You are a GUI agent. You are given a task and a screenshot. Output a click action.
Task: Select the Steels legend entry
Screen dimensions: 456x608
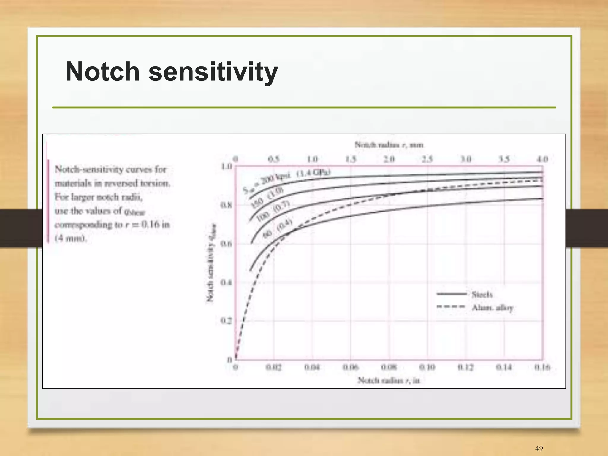click(482, 294)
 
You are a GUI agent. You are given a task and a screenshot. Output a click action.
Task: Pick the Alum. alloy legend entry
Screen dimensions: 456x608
click(492, 308)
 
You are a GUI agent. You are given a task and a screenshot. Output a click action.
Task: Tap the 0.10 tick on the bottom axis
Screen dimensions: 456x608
click(427, 367)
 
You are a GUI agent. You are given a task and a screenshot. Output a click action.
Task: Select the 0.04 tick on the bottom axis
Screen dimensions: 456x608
click(312, 367)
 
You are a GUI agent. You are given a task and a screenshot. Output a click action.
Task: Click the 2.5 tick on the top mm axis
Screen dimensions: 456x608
click(427, 159)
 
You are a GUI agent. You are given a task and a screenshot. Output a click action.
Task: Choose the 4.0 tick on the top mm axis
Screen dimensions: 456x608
click(542, 159)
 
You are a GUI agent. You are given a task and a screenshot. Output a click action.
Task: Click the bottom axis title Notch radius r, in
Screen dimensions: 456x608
click(389, 380)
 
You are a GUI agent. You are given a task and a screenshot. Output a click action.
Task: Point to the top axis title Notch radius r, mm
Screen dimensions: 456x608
click(389, 145)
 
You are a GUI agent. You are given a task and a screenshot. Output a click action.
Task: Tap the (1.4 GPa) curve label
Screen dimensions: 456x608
click(313, 173)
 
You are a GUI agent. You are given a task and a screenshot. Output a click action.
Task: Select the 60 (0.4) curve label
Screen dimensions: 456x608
click(278, 228)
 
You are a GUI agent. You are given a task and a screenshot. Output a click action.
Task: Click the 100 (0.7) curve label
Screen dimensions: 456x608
click(273, 211)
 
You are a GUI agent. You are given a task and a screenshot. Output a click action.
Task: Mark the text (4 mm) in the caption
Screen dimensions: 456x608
click(71, 238)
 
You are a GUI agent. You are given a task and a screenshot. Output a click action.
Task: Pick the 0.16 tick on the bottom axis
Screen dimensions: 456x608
click(542, 367)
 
